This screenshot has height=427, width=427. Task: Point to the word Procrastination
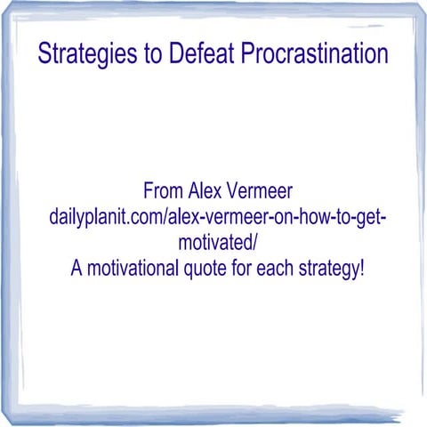317,53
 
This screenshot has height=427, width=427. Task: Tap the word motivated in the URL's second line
214,242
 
